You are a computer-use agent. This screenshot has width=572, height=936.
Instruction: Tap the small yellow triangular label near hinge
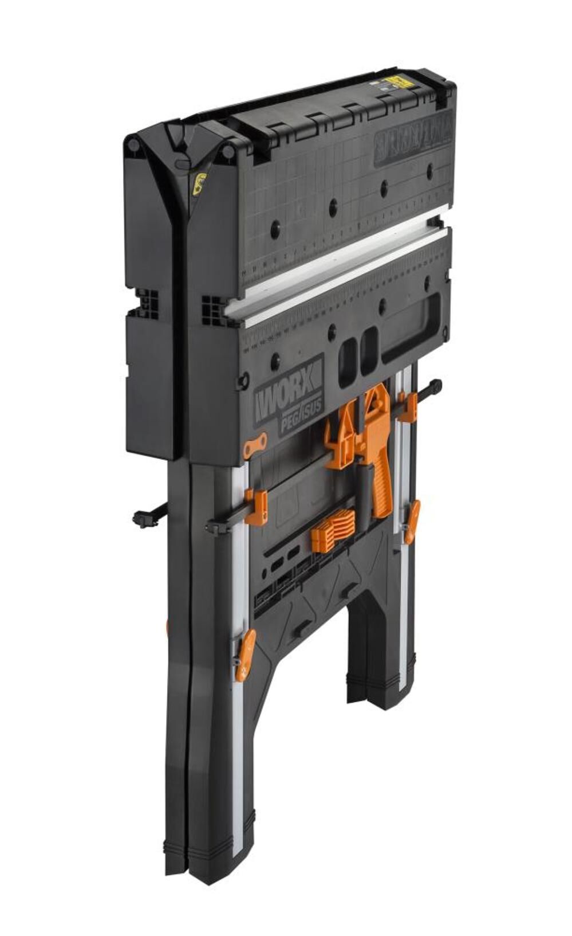(x=200, y=183)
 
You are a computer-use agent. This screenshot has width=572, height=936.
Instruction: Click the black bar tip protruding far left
(x=141, y=517)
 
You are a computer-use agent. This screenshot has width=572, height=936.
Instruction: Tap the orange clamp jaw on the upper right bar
(x=408, y=406)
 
